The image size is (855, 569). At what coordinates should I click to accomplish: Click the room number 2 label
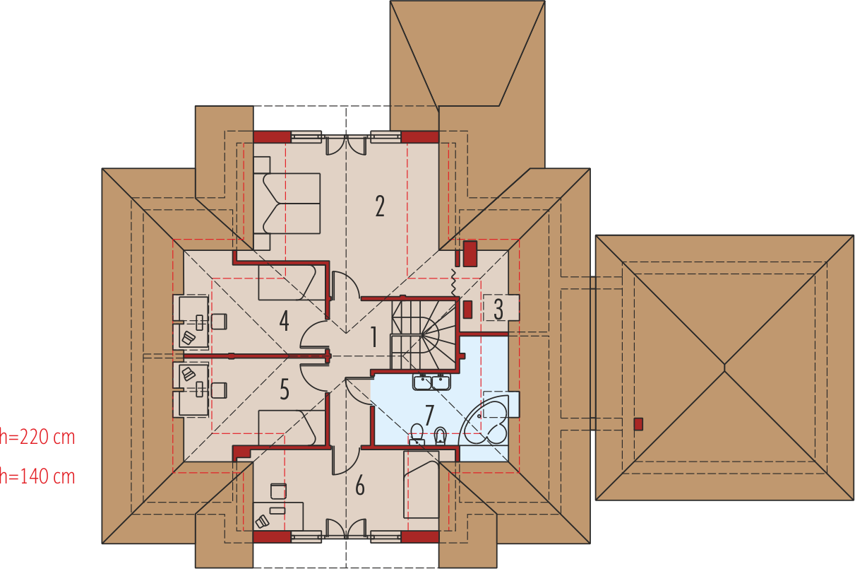(380, 206)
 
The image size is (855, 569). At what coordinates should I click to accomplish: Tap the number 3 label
(498, 309)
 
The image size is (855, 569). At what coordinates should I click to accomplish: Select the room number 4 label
(284, 320)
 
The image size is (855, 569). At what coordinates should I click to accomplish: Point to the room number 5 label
(285, 389)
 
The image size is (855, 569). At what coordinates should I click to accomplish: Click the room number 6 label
(360, 486)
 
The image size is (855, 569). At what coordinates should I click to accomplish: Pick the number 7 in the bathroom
(429, 416)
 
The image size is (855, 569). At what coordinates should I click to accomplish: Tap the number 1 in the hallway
(374, 336)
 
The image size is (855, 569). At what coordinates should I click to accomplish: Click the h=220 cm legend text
(37, 437)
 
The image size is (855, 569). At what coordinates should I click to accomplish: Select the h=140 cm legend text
(37, 476)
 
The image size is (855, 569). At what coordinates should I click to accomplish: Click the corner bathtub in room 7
(484, 421)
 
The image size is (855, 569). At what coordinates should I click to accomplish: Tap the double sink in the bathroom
(431, 382)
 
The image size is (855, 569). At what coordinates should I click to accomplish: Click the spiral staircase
(424, 335)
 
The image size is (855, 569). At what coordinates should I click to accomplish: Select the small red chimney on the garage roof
(638, 424)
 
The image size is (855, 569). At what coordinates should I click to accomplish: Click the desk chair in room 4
(219, 322)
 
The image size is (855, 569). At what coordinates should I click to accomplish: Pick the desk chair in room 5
(219, 391)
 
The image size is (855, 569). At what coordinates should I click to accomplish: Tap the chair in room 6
(279, 491)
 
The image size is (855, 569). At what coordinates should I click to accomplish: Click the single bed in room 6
(421, 485)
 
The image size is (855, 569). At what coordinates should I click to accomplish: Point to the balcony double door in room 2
(346, 144)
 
